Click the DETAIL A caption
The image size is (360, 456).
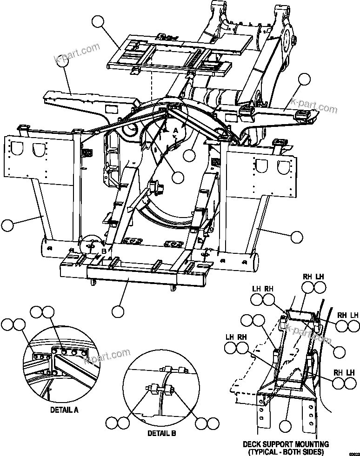point(64,410)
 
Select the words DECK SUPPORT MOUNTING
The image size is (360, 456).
point(286,444)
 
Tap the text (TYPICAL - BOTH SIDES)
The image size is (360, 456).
point(286,451)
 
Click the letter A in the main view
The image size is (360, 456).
point(175,132)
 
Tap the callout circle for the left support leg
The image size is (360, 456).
point(7,226)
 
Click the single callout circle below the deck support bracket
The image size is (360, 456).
point(285,425)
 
